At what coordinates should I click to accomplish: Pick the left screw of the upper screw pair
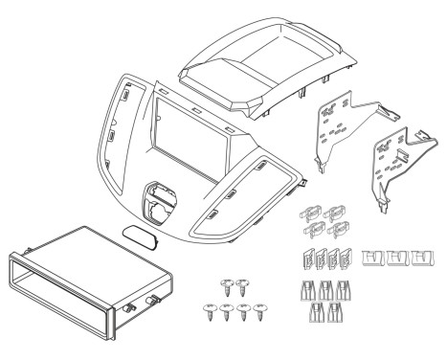click(227, 285)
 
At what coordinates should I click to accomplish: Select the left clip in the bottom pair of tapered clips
click(318, 313)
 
